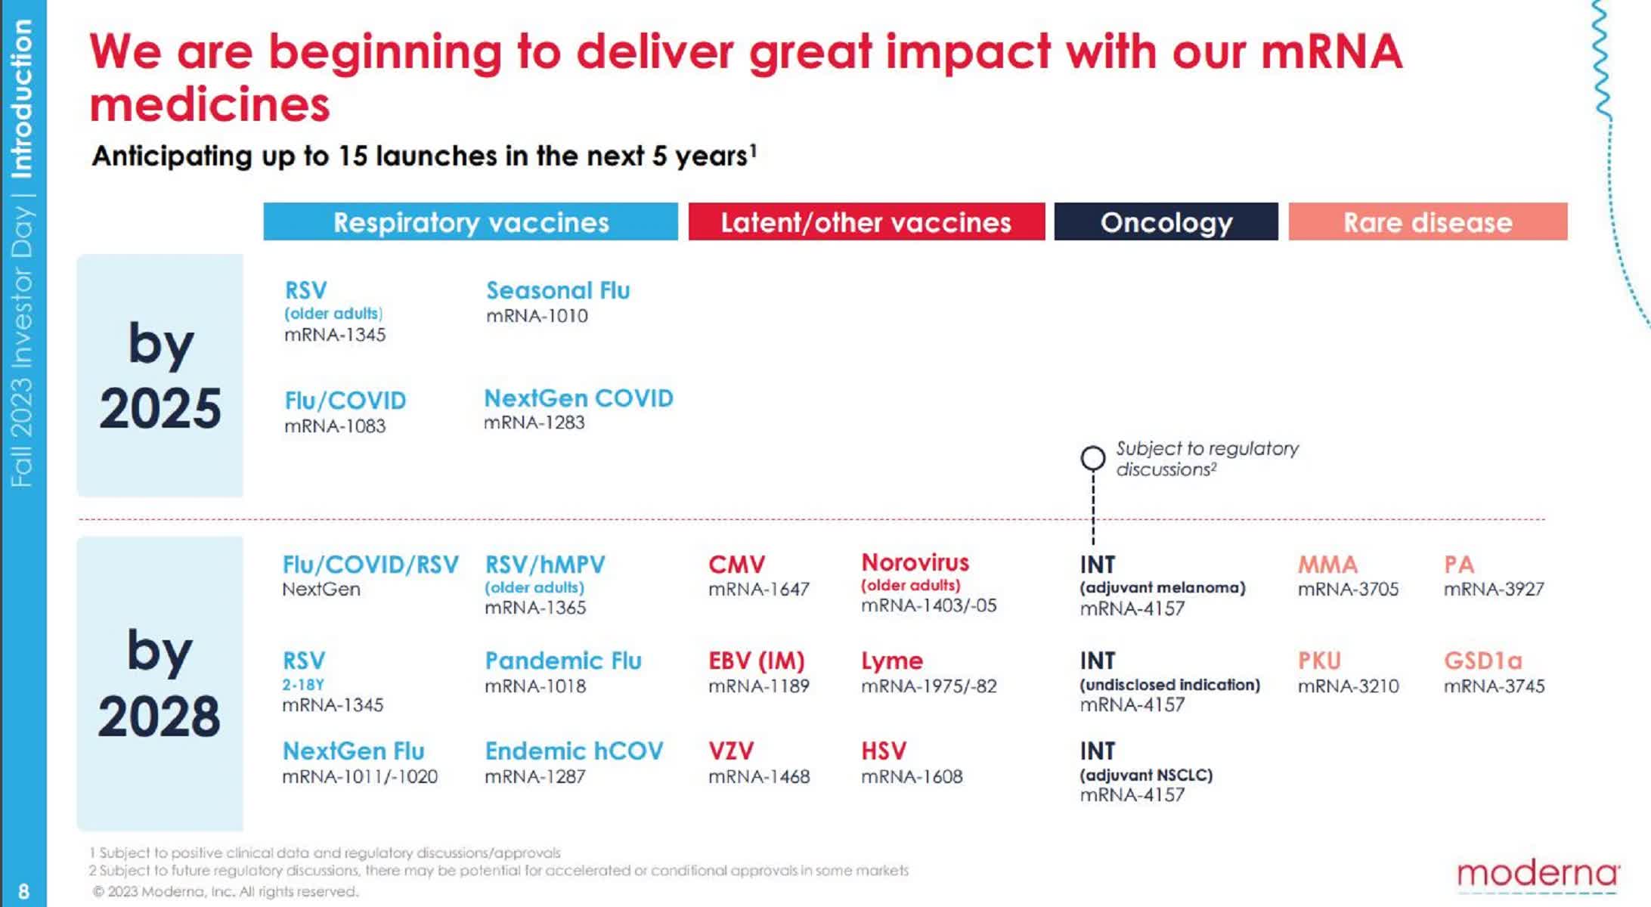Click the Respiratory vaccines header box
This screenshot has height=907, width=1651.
click(x=470, y=222)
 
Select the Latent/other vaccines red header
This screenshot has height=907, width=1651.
click(x=866, y=222)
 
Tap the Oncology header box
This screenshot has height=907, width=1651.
click(x=1166, y=222)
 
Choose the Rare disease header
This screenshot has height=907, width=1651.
click(x=1427, y=222)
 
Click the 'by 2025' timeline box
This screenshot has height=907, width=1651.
click(x=160, y=376)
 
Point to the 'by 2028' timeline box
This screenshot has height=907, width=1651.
click(x=160, y=683)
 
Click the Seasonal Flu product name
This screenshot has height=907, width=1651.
click(x=558, y=290)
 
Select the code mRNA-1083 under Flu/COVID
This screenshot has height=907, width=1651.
click(x=335, y=426)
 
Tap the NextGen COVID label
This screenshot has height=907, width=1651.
click(x=578, y=398)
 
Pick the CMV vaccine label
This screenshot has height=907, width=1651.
click(x=736, y=565)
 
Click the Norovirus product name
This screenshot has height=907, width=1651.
click(x=915, y=562)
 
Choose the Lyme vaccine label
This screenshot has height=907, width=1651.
click(x=892, y=661)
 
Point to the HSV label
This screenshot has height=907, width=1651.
click(x=883, y=751)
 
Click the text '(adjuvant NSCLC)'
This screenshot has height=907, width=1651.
click(x=1146, y=775)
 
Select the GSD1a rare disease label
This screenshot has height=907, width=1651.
click(x=1482, y=661)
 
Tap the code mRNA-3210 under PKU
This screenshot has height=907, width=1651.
click(x=1348, y=686)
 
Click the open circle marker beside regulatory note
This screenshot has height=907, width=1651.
click(x=1092, y=458)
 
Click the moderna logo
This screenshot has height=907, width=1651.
click(x=1538, y=874)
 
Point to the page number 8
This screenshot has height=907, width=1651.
click(x=23, y=891)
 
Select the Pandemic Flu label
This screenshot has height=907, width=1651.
click(x=563, y=661)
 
